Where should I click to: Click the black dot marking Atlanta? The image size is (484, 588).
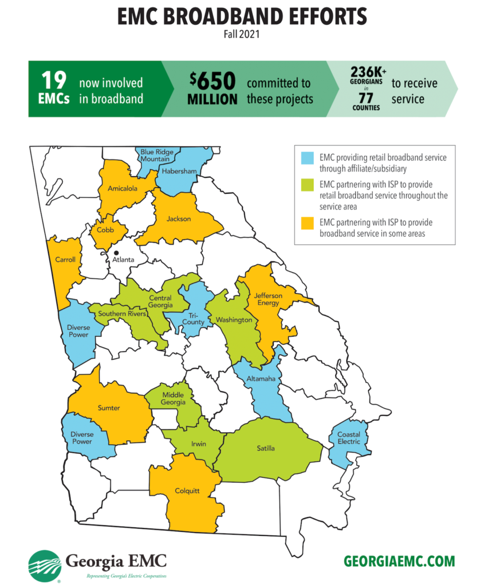point(116,252)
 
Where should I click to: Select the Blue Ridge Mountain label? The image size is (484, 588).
point(155,155)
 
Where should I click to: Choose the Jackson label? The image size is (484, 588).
point(179,219)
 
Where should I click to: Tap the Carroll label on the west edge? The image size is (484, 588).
point(65,259)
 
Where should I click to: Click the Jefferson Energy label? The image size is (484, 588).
point(269,299)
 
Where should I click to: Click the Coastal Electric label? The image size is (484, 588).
point(349,438)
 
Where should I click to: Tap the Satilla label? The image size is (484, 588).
point(266,448)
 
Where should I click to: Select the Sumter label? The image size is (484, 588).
point(108,408)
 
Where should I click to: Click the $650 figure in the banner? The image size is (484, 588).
point(212,81)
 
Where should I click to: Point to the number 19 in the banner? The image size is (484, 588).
point(54,80)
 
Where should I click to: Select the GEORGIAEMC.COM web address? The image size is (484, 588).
point(399,561)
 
